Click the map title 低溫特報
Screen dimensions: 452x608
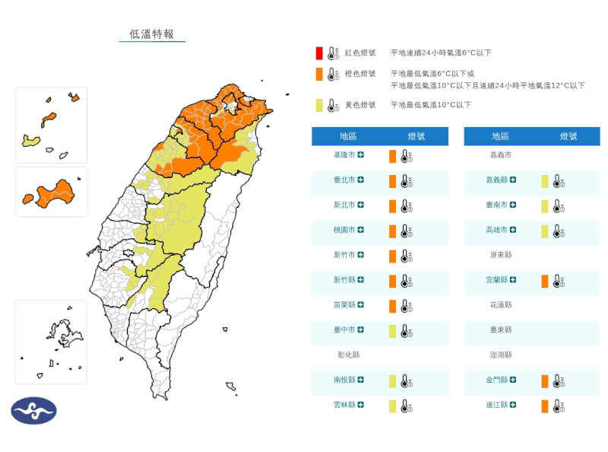152,34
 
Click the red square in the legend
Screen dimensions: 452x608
320,53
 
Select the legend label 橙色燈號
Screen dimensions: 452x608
360,74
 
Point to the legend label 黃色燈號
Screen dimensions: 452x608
360,105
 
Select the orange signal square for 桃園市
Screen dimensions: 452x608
392,231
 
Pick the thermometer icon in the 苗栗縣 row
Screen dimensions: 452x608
407,306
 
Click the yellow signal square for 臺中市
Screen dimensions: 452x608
392,331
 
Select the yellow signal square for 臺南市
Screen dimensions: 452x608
544,205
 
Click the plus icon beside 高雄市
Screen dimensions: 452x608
512,231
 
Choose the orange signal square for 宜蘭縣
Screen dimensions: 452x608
544,281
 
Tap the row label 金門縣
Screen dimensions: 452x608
498,380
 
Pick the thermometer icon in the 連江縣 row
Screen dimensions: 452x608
559,406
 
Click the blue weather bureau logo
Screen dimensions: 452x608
33,411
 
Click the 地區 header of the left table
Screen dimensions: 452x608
349,136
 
